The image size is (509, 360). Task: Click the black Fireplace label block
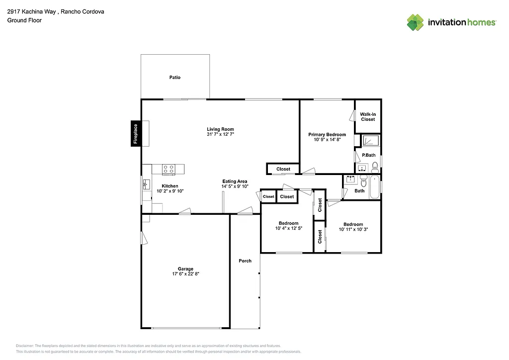135,134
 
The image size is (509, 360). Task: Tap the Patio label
174,78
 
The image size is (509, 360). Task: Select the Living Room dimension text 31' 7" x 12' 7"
220,135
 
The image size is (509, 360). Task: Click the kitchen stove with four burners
169,169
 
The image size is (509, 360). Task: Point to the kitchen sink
146,185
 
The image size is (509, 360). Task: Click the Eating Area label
235,181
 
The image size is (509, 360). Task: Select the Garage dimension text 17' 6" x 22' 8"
185,274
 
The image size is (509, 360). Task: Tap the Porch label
245,261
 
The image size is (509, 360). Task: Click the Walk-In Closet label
368,117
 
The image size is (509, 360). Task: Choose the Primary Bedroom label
327,135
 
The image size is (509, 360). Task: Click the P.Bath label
368,156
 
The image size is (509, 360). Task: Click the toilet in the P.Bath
375,166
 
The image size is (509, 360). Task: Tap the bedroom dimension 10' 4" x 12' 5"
288,229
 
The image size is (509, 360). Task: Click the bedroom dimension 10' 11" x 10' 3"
353,229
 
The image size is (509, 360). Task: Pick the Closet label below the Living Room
283,169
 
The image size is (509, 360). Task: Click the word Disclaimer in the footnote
25,346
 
